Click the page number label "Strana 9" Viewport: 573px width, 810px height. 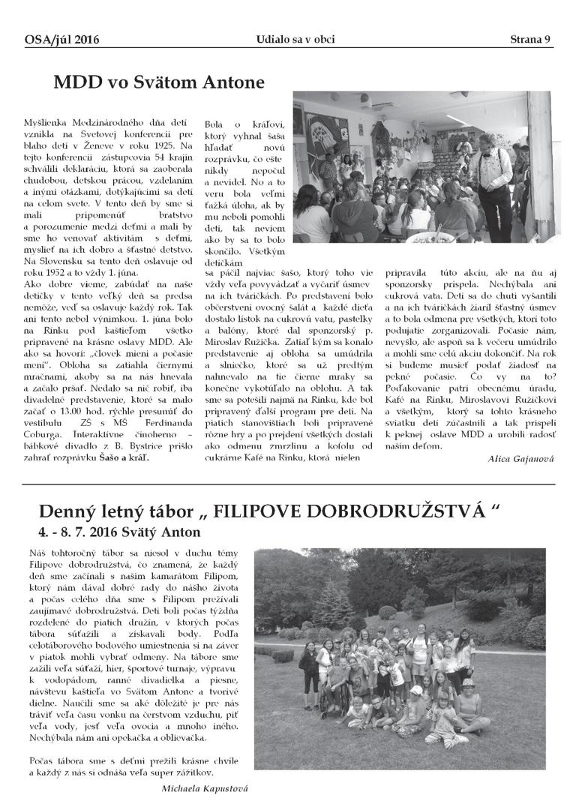point(530,39)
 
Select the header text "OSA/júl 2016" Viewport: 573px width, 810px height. point(61,40)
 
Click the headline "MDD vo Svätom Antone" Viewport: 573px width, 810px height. point(159,82)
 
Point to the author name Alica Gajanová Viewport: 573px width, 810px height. point(520,457)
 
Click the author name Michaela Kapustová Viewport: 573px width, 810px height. point(204,789)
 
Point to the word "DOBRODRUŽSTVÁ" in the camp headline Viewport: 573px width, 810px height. point(384,512)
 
